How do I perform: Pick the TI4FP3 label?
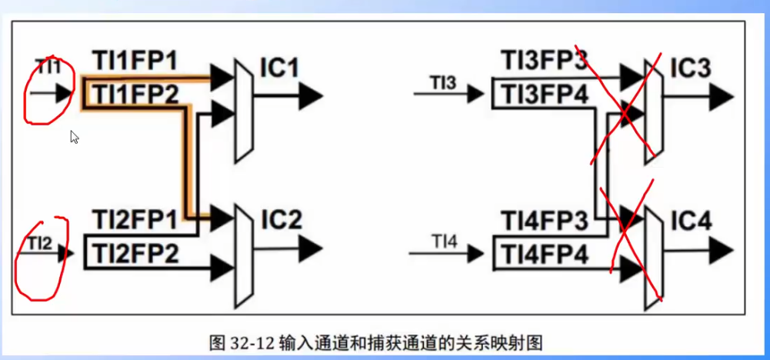tap(545, 220)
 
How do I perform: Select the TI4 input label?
tap(443, 243)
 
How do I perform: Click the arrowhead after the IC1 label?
tap(311, 95)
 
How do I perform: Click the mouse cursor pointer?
tap(75, 137)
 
